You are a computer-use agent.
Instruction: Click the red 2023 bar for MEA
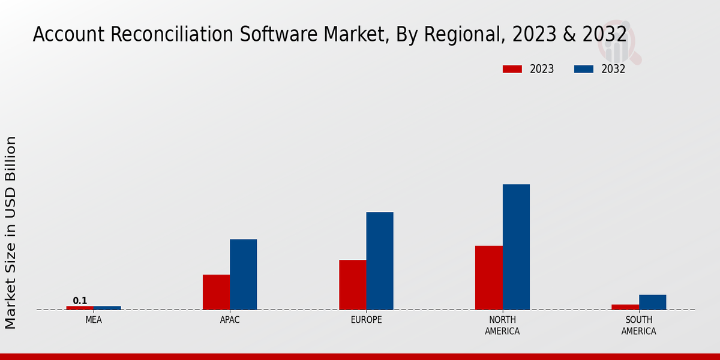[80, 308]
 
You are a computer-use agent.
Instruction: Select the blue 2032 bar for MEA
[107, 308]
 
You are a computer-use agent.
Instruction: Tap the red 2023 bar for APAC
[216, 292]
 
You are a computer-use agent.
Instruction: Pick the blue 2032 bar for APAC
[243, 274]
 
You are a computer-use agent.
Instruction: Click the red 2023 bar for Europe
[352, 284]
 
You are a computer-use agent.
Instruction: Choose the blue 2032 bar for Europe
[380, 260]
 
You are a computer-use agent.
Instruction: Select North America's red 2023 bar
[488, 278]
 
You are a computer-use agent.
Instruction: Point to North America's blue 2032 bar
[516, 247]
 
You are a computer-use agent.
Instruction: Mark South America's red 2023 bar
[625, 307]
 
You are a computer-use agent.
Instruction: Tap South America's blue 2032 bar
[652, 302]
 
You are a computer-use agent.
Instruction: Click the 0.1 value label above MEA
[80, 301]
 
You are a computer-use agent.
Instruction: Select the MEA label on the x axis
[94, 320]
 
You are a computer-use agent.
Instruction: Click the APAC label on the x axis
[230, 320]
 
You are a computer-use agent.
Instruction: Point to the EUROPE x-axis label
[366, 320]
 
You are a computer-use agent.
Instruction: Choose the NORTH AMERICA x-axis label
[502, 325]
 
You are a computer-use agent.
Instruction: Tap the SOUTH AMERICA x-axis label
[638, 325]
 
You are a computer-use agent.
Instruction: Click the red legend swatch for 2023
[512, 69]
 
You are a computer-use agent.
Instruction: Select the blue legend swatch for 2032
[583, 69]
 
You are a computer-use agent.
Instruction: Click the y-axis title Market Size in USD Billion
[11, 232]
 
